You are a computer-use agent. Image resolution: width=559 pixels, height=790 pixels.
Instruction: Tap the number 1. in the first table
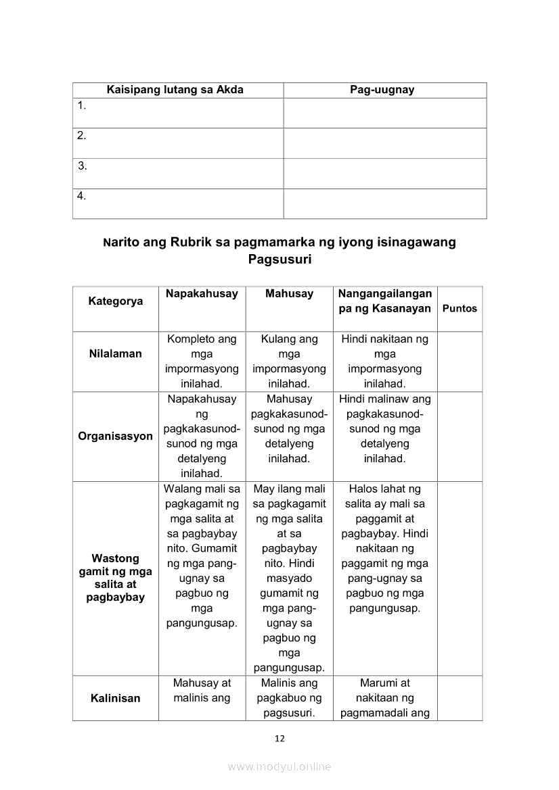coord(82,105)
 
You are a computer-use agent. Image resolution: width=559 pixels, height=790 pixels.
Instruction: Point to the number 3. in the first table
coord(82,166)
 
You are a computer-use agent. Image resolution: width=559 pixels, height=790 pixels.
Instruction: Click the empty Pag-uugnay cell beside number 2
coord(384,143)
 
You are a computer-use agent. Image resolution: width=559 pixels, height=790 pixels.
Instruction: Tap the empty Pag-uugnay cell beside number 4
coord(384,203)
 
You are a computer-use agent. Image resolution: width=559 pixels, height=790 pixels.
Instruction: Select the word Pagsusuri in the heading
coord(279,259)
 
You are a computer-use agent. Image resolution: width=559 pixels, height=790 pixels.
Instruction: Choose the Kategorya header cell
coord(116,301)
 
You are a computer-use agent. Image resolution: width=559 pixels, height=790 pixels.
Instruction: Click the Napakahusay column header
coord(202,294)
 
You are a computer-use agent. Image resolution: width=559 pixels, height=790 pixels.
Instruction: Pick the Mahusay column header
coord(289,294)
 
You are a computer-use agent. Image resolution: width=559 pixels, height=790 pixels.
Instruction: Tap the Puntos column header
coord(460,309)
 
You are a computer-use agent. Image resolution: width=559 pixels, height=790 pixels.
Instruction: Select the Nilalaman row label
coord(116,354)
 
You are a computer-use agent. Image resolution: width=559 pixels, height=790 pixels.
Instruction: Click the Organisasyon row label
coord(116,437)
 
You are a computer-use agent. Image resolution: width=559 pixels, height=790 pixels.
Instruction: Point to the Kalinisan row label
coord(116,699)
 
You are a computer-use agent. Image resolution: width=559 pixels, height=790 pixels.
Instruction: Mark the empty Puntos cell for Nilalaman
coord(460,362)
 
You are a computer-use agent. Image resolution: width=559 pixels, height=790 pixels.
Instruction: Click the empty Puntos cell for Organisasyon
coord(460,437)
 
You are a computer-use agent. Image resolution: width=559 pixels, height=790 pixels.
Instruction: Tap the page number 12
coord(279,739)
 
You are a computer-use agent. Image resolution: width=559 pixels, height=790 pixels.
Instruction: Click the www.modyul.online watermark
coord(279,767)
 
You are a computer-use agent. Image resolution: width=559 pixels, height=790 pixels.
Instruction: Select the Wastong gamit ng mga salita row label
coord(116,578)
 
